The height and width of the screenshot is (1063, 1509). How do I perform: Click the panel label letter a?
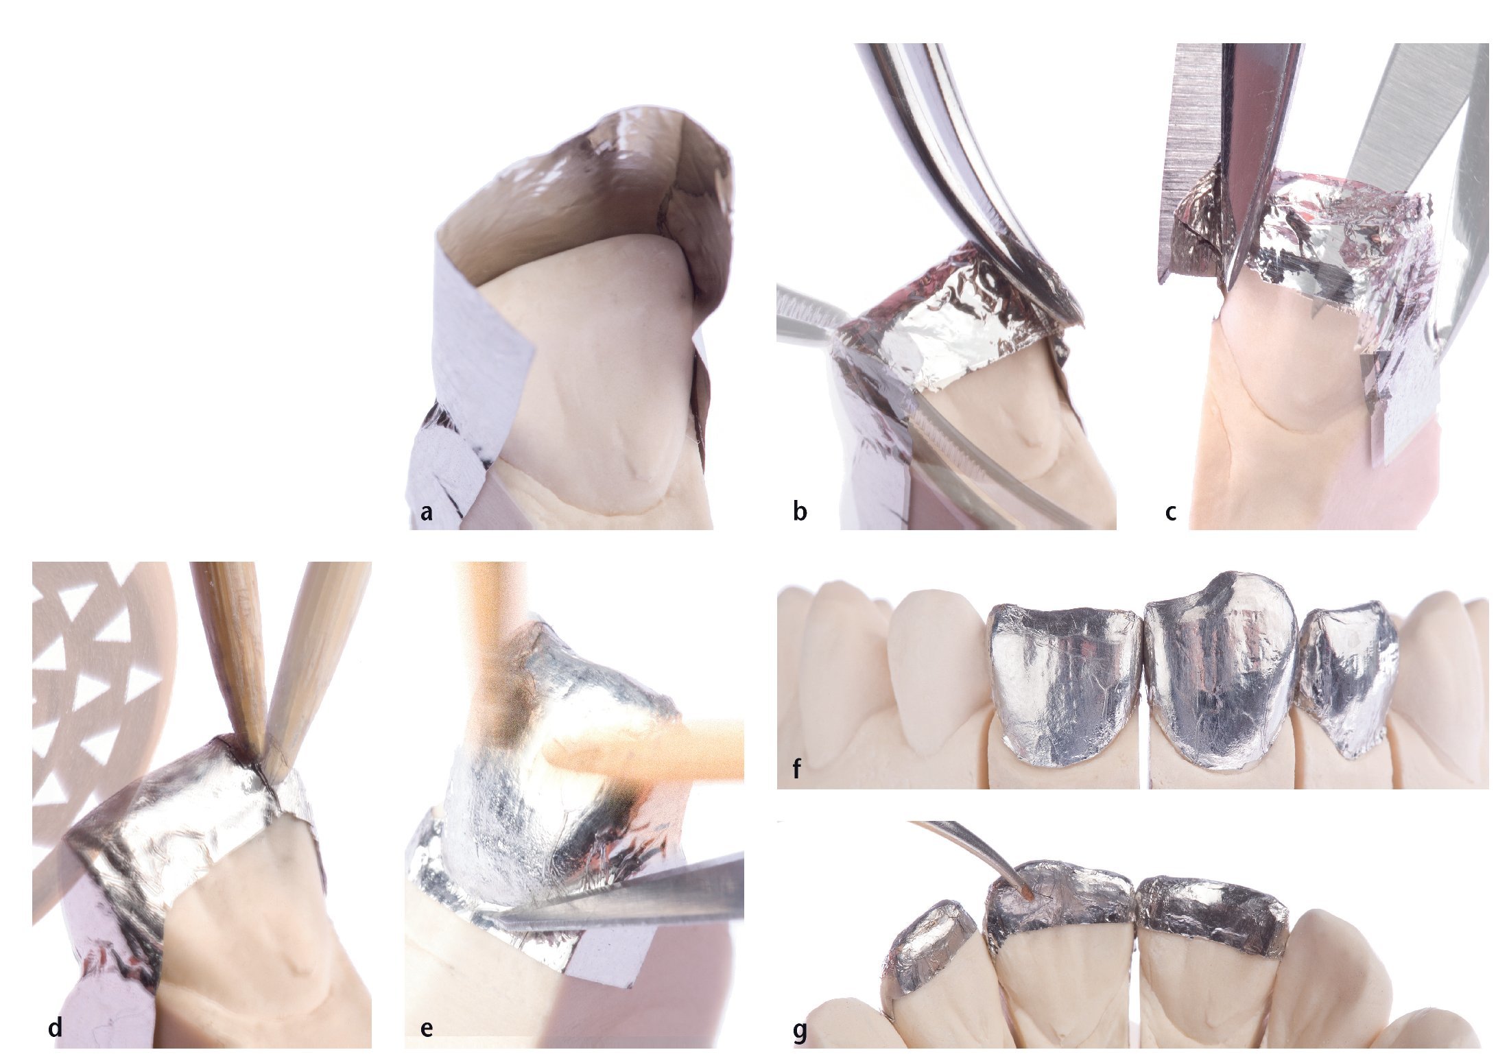(x=426, y=512)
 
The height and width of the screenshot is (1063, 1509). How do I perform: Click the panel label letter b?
(x=799, y=511)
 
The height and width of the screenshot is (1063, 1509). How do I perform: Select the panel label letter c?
(x=1171, y=512)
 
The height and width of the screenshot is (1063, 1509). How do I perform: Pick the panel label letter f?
(x=797, y=769)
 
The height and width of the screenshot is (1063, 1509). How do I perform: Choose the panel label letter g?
(x=799, y=1031)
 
